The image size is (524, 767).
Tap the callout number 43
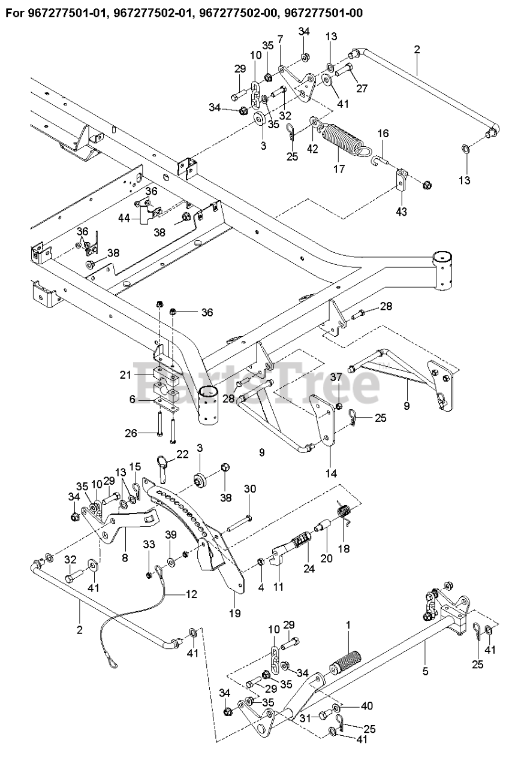401,212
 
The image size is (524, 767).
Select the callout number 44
125,218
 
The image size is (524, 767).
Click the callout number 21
125,375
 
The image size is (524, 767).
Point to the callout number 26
131,433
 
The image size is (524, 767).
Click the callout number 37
336,378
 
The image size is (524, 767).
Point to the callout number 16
383,133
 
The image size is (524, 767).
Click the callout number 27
362,88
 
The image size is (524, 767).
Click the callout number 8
125,558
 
